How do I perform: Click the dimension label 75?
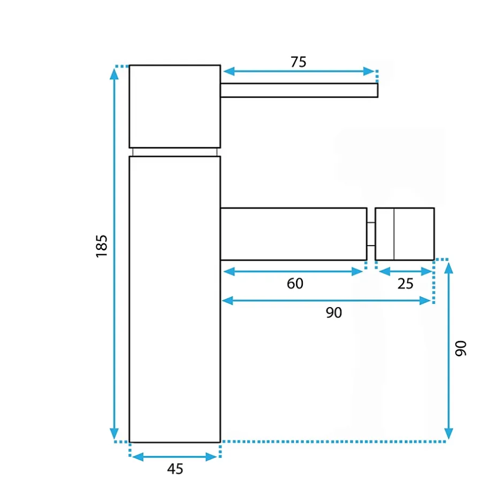[299, 62]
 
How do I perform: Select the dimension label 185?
[102, 246]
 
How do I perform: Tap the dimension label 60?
[295, 284]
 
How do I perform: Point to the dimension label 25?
[405, 284]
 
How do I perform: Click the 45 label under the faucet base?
[175, 469]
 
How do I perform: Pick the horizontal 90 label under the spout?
[333, 313]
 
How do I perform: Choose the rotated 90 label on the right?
[461, 348]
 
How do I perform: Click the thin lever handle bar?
[299, 90]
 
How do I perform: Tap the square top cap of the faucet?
[175, 106]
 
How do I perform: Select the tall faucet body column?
[175, 299]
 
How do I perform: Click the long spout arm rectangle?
[294, 234]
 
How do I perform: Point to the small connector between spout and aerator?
[371, 234]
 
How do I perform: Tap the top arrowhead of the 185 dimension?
[114, 74]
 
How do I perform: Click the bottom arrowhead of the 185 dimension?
[114, 433]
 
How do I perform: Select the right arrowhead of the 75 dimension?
[369, 71]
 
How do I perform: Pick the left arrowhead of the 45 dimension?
[138, 457]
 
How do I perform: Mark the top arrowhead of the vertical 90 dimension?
[448, 268]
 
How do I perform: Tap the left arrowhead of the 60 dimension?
[229, 272]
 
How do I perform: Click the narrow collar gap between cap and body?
[175, 152]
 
